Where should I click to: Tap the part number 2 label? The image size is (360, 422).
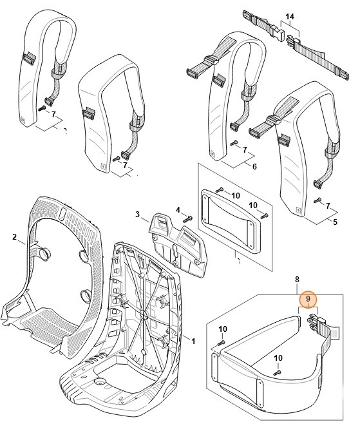coord(14,237)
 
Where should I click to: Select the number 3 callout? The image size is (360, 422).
coord(137,214)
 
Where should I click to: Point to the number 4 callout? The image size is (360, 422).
coord(179,209)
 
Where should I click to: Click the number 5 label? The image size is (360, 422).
coord(334,222)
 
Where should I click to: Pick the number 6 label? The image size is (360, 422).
coord(254,166)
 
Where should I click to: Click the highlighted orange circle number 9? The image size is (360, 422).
coord(308,299)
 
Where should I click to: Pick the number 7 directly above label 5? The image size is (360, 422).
coord(328,206)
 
